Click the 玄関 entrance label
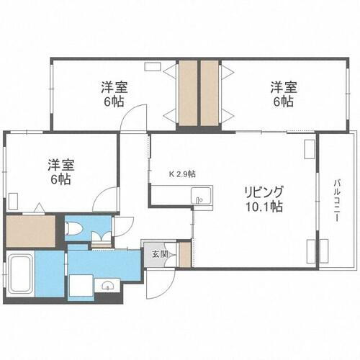pos(157,253)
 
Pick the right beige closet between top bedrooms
pos(210,95)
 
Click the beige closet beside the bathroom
pos(30,231)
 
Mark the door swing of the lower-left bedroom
pos(107,198)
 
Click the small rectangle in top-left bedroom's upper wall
pos(153,67)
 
